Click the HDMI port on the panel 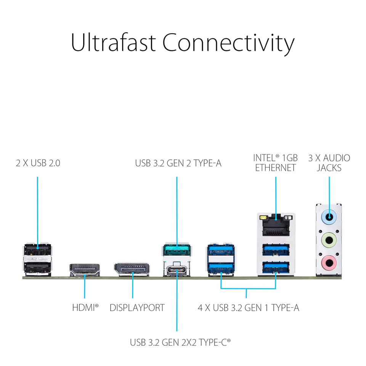(x=84, y=270)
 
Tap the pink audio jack (x=329, y=263)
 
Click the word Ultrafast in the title (x=113, y=43)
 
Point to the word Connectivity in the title (x=228, y=43)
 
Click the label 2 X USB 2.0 (x=38, y=163)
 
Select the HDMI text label (x=85, y=307)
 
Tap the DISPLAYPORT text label (x=137, y=307)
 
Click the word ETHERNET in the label (x=275, y=168)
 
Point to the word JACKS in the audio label (x=329, y=168)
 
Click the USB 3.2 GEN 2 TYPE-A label (x=178, y=163)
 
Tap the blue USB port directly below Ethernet (x=276, y=250)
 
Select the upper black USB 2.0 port (x=37, y=252)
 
